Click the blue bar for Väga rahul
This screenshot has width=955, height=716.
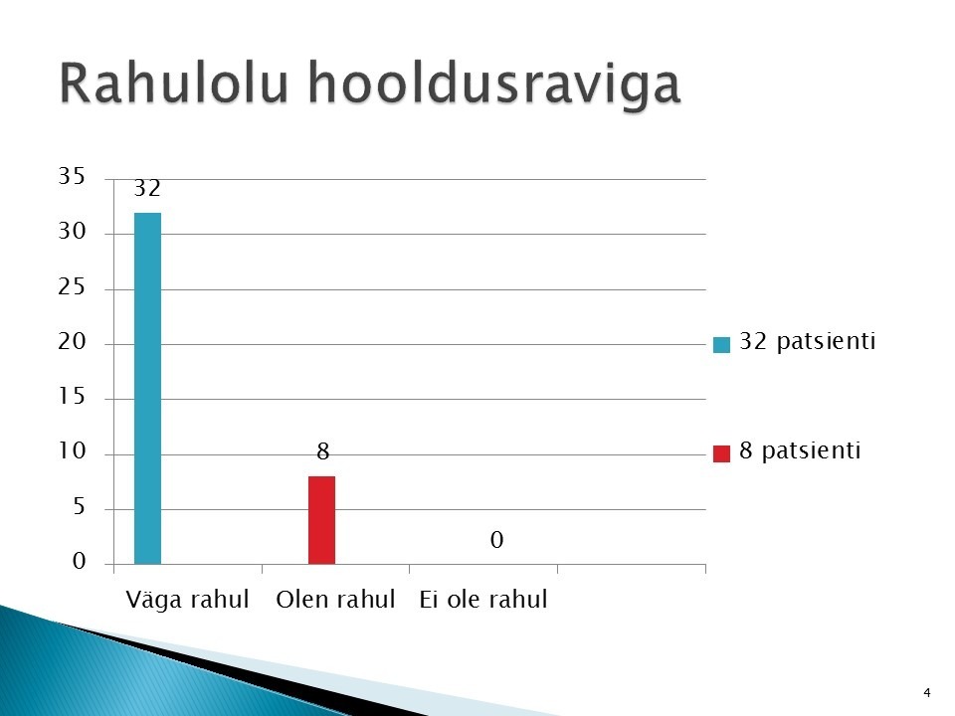coord(147,389)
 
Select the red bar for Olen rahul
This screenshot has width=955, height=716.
coord(321,520)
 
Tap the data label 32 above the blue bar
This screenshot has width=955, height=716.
coord(147,188)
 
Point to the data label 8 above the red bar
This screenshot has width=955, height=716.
coord(322,451)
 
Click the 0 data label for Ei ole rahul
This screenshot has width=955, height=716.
coord(497,539)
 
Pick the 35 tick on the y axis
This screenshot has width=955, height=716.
coord(72,176)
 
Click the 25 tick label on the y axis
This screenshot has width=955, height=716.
coord(72,286)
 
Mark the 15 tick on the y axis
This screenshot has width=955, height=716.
coord(72,397)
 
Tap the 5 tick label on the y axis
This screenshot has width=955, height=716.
coord(80,506)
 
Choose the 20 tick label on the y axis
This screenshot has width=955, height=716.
coord(72,341)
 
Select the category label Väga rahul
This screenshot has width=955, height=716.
coord(187,600)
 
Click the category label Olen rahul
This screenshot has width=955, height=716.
coord(335,599)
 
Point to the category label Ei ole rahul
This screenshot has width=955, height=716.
coord(483,599)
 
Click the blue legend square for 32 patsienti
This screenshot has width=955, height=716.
coord(722,345)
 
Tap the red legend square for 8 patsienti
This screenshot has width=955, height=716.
coord(722,453)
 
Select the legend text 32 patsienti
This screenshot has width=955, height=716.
coord(808,341)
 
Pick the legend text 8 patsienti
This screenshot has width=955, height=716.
coord(800,450)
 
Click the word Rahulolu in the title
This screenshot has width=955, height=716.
coord(173,83)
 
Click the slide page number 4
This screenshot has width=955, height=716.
coord(927,693)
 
